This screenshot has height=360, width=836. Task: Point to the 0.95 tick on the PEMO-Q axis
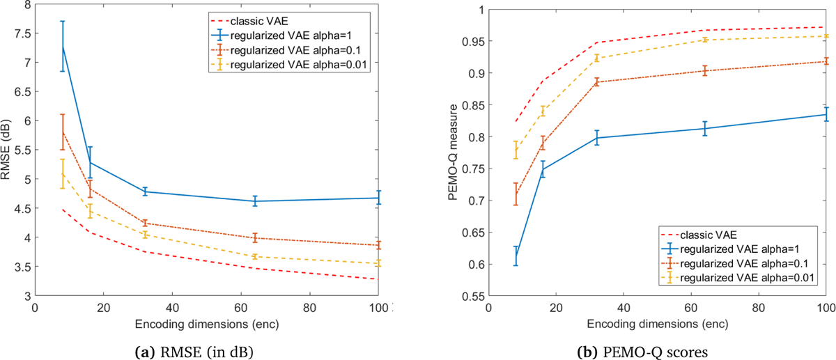click(475, 41)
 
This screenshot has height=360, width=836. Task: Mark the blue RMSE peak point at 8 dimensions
click(63, 46)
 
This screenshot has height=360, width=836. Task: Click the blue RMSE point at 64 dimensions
click(255, 201)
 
